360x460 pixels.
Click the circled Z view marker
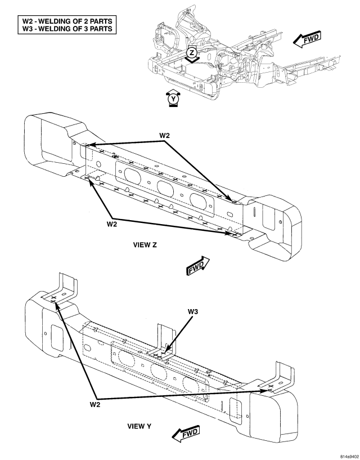tap(192, 53)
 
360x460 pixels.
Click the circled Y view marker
tap(174, 99)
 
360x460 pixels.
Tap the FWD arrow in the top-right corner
tap(307, 38)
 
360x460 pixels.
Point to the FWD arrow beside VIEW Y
tap(186, 434)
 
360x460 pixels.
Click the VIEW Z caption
tap(145, 245)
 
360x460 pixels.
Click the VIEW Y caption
tap(139, 426)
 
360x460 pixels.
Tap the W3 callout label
tap(192, 311)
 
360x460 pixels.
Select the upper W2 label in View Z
tap(164, 135)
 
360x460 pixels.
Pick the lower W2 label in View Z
tap(112, 225)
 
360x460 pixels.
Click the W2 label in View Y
tap(95, 405)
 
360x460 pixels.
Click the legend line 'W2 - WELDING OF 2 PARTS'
tap(67, 21)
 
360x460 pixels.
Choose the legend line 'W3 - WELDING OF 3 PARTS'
tap(67, 29)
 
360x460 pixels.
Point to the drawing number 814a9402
tap(349, 457)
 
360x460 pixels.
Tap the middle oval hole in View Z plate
tap(165, 187)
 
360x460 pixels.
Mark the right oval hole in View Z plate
tap(198, 200)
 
